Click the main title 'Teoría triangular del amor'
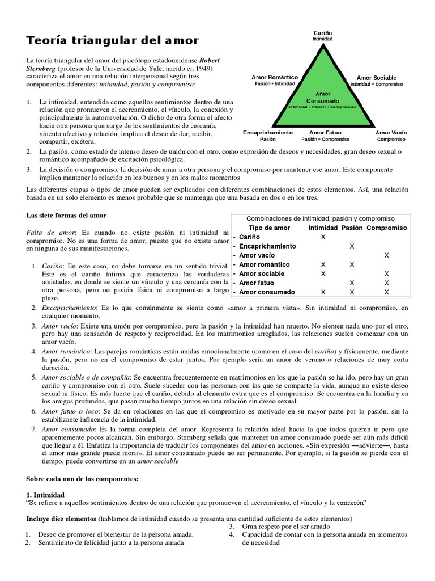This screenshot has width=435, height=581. [113, 40]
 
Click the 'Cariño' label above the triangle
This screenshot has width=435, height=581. [322, 33]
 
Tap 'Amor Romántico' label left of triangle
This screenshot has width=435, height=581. [275, 78]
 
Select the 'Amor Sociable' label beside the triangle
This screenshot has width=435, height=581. [377, 78]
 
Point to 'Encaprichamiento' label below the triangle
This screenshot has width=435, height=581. [267, 132]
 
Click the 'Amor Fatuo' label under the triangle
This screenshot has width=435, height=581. [325, 132]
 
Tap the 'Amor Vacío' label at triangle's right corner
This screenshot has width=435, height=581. [391, 132]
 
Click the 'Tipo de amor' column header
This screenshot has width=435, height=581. [270, 228]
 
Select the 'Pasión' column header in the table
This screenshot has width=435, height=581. [352, 228]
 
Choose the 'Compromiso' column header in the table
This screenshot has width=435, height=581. [386, 228]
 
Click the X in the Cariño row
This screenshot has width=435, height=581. [323, 237]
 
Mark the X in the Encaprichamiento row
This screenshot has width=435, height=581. [352, 246]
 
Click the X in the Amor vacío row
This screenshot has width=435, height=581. [387, 255]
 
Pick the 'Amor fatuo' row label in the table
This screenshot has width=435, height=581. [257, 283]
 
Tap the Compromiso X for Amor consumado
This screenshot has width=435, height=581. [387, 292]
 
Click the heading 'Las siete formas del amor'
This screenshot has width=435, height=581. [66, 216]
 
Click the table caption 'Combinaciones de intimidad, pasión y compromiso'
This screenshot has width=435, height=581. [320, 218]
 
